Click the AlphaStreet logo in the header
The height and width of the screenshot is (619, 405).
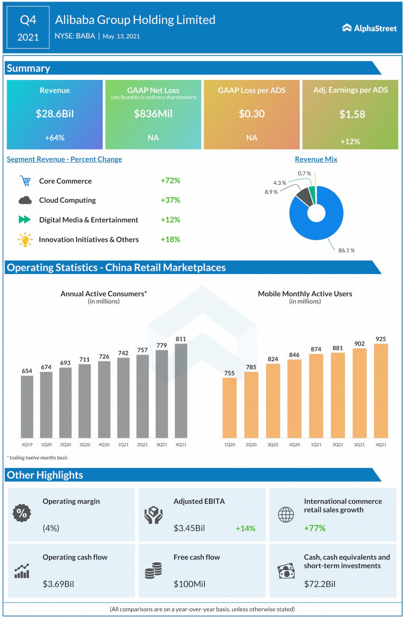click(x=369, y=28)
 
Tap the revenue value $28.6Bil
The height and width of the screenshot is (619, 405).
click(x=55, y=114)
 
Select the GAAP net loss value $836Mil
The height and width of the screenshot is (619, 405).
click(x=153, y=114)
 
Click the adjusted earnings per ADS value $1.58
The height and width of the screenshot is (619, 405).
click(x=352, y=114)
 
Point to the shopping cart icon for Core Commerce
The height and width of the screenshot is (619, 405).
click(x=25, y=181)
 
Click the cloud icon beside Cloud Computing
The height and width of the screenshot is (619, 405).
click(x=25, y=200)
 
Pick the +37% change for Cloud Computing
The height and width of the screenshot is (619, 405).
click(x=170, y=200)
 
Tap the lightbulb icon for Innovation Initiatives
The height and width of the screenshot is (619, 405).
click(x=25, y=239)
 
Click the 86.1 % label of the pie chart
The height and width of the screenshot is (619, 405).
click(x=346, y=250)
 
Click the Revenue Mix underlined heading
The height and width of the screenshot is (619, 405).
click(x=316, y=159)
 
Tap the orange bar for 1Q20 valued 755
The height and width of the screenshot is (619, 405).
click(x=229, y=407)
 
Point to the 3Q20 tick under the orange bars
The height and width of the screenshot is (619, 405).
click(x=273, y=445)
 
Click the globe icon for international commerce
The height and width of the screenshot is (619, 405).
click(x=286, y=514)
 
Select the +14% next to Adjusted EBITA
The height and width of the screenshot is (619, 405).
click(x=245, y=528)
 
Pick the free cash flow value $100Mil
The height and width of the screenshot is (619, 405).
click(x=189, y=584)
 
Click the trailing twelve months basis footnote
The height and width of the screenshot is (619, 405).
click(x=37, y=458)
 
